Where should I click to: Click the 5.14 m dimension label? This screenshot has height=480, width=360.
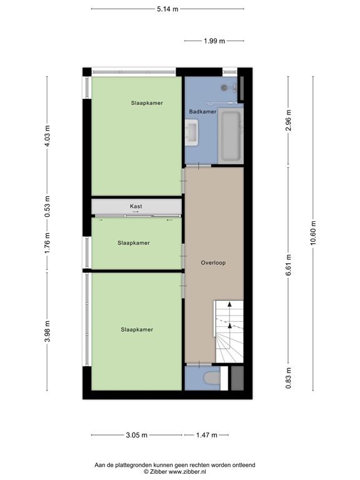coord(167,9)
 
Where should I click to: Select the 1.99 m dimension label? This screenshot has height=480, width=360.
coord(214,41)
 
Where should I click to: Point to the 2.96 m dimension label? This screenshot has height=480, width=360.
coord(289,121)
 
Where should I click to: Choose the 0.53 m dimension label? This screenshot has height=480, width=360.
coord(47,206)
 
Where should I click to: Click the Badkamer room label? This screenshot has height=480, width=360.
coord(203,111)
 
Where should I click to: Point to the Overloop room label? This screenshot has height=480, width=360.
coord(213,262)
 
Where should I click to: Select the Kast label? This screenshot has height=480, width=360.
coord(136,206)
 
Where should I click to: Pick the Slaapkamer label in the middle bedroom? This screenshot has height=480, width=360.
coord(134,242)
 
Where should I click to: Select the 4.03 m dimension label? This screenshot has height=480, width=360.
coord(47,136)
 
